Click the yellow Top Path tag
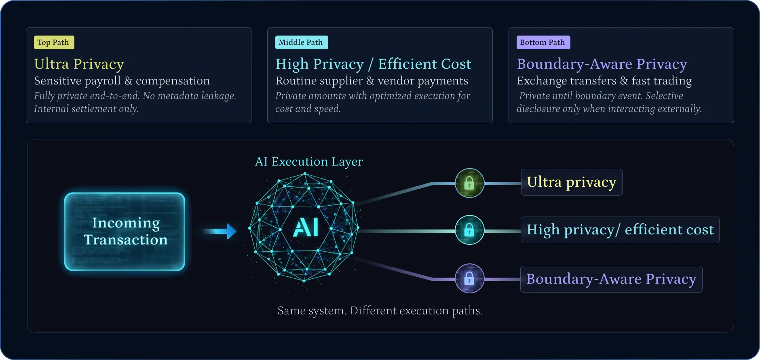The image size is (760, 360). point(54,42)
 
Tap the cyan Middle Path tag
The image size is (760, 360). point(301,42)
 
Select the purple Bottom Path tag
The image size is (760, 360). point(543,42)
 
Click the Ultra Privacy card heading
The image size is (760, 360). point(79,64)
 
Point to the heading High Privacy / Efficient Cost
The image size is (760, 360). point(373,64)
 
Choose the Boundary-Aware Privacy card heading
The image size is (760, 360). point(602,64)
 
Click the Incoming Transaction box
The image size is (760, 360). point(125,232)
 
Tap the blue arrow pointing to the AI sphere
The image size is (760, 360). point(220,231)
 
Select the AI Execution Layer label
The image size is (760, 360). point(309,162)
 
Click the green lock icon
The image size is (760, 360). point(469,183)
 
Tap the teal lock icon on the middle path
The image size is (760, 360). point(469,230)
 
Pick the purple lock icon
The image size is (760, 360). point(469,278)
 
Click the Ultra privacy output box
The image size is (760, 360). point(571,182)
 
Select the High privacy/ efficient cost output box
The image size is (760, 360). point(620,230)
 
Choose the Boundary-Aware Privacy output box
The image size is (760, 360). point(611,279)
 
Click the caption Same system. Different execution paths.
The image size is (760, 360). point(380,311)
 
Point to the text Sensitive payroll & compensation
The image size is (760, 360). point(122,81)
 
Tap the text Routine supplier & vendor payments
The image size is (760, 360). point(372,81)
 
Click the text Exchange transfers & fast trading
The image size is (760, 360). point(604,81)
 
